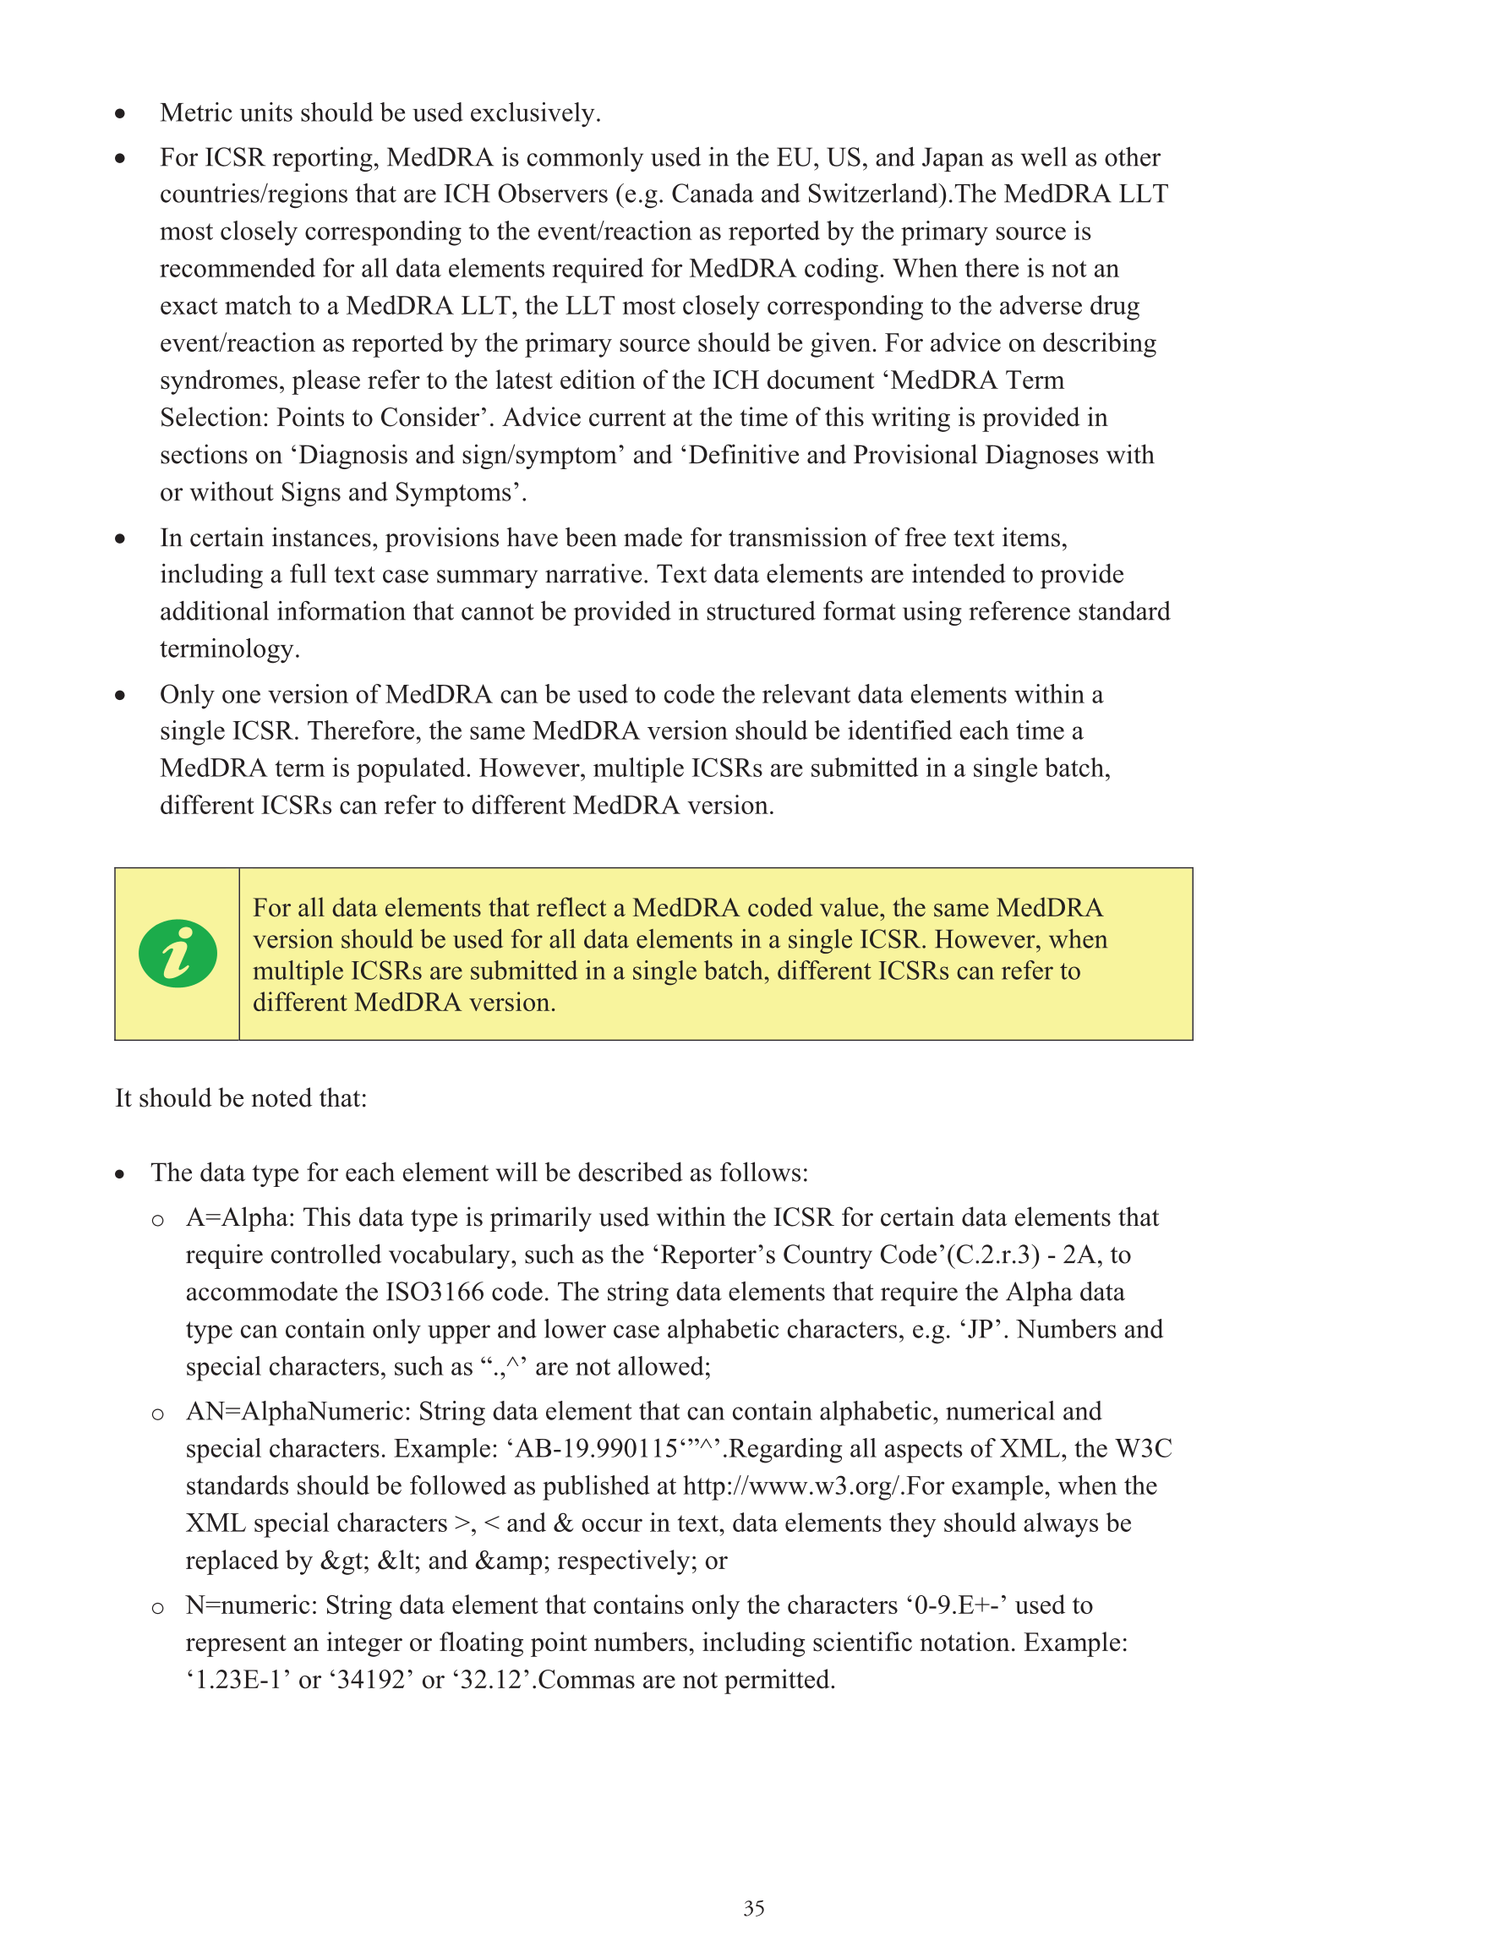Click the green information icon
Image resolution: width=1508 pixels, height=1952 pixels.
(177, 953)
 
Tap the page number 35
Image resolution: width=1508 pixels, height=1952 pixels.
(753, 1908)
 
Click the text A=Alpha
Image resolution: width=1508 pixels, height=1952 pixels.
(239, 1217)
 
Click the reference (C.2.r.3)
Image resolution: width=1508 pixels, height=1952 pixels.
(992, 1255)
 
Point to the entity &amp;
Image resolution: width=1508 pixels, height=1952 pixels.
(512, 1561)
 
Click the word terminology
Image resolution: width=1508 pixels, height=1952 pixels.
(229, 649)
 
